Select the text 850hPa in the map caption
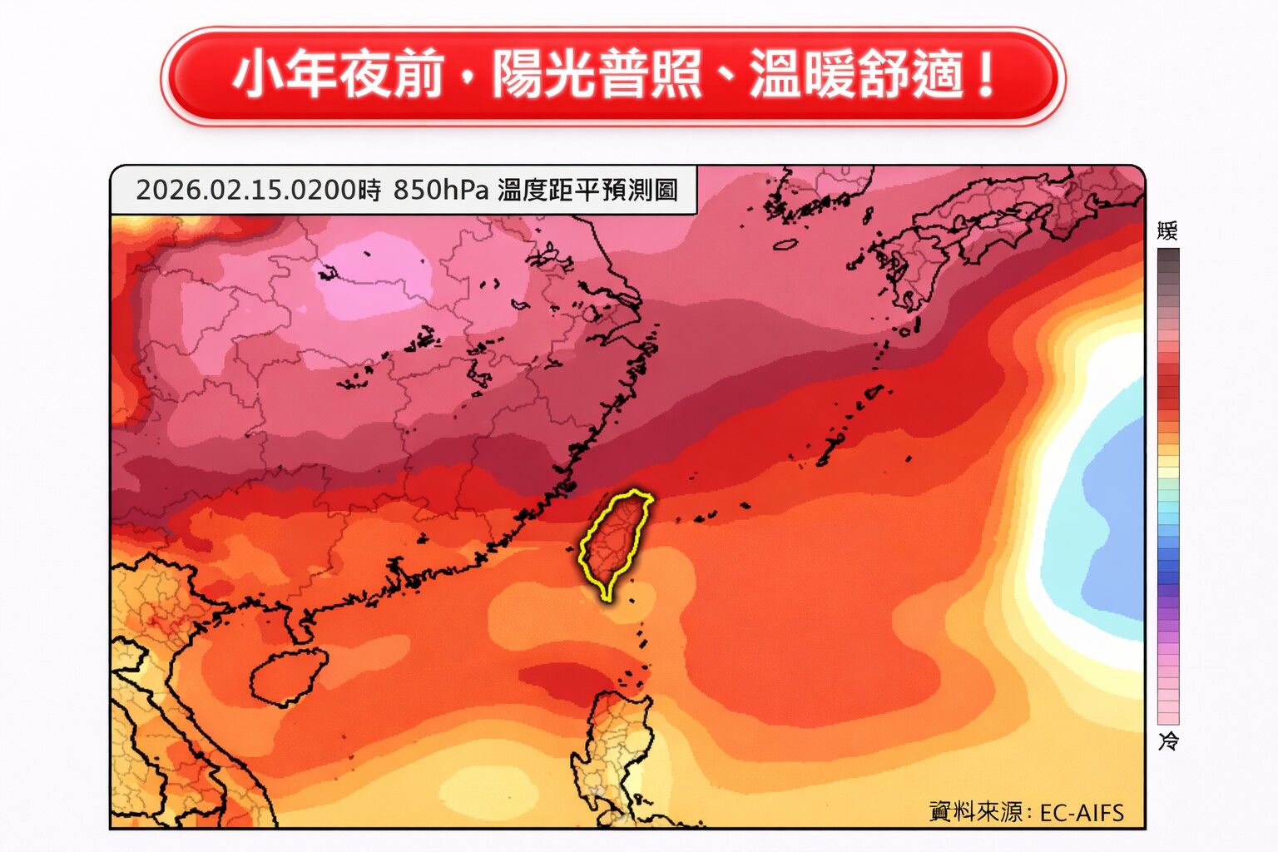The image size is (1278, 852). pyautogui.click(x=440, y=191)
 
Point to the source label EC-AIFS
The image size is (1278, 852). pyautogui.click(x=1082, y=812)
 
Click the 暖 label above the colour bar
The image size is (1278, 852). pyautogui.click(x=1167, y=231)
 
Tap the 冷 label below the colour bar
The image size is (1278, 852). pyautogui.click(x=1168, y=741)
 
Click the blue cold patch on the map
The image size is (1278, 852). pyautogui.click(x=1115, y=516)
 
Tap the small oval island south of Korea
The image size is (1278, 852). pyautogui.click(x=785, y=245)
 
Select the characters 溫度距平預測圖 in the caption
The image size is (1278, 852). pyautogui.click(x=587, y=191)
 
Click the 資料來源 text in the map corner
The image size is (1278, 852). pyautogui.click(x=976, y=812)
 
